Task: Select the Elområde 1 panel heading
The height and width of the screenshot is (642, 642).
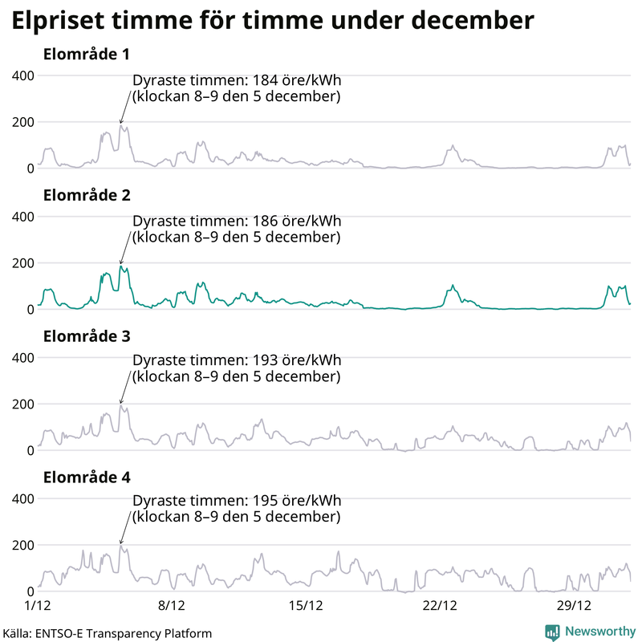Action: click(87, 55)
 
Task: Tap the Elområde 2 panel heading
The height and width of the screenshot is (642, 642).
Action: click(87, 195)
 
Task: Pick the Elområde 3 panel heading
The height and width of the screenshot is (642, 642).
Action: click(87, 335)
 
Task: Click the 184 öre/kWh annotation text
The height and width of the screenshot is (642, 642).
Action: click(237, 88)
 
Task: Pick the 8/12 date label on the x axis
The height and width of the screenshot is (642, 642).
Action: click(172, 603)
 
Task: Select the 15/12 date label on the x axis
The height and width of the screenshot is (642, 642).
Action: click(306, 603)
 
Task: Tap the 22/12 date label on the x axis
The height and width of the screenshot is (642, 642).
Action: click(440, 603)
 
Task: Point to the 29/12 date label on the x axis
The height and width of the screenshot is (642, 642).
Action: click(574, 603)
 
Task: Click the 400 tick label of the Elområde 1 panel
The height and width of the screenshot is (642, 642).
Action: click(22, 75)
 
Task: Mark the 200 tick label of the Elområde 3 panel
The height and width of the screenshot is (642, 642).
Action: click(22, 404)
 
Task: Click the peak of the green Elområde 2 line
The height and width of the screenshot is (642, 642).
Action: click(120, 266)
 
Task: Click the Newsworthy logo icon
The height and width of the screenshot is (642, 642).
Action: click(552, 632)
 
